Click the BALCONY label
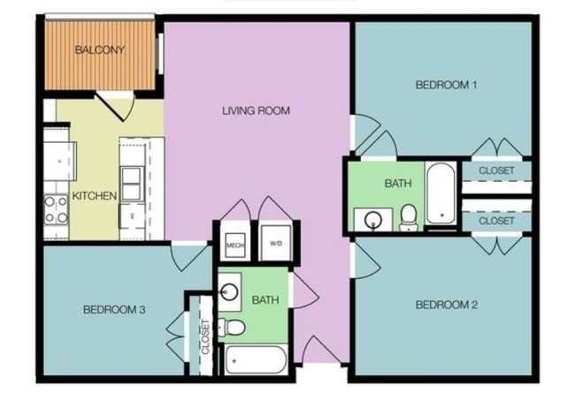click(x=98, y=49)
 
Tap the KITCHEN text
click(x=95, y=195)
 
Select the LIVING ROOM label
click(x=256, y=111)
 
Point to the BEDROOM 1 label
click(x=447, y=86)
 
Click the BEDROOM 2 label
click(x=447, y=305)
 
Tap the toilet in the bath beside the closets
click(x=409, y=215)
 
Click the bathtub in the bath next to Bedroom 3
click(x=256, y=360)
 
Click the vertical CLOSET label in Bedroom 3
click(x=206, y=336)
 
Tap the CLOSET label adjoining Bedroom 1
click(x=495, y=170)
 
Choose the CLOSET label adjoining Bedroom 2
click(x=495, y=221)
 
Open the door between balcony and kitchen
click(x=116, y=106)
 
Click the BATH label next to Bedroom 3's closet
click(x=265, y=300)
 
